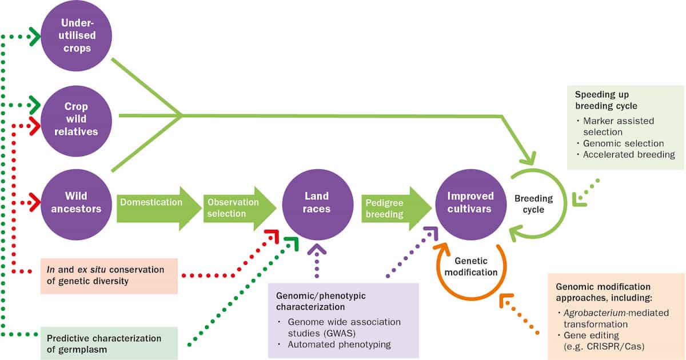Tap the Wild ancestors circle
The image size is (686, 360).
[76, 202]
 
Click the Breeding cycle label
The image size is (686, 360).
[533, 204]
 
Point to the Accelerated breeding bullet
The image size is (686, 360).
[629, 154]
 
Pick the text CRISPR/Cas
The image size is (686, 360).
[616, 347]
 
